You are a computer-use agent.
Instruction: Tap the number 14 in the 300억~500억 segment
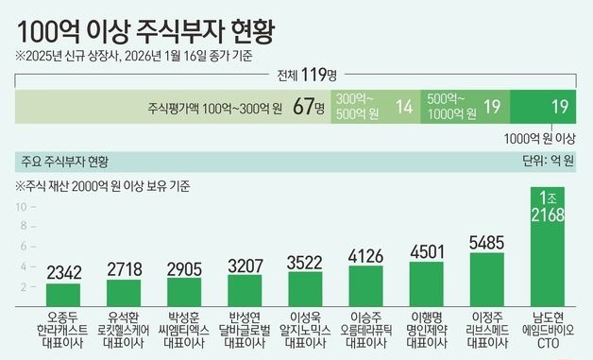click(x=404, y=108)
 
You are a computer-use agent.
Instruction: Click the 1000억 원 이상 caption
click(x=540, y=138)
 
